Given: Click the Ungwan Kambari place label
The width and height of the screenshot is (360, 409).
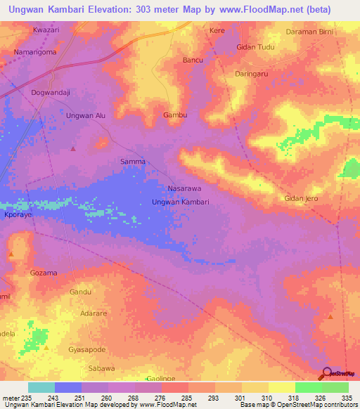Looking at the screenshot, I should (181, 202).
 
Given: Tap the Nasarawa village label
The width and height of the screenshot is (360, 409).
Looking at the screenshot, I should (185, 189).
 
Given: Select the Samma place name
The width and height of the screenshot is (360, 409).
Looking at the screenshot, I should (133, 162).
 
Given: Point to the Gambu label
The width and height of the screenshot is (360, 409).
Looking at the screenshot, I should (175, 115).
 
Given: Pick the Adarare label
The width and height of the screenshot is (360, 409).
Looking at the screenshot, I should (95, 313).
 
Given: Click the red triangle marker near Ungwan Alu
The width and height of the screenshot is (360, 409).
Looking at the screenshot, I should (73, 149).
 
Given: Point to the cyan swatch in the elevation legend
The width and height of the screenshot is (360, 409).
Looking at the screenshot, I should (41, 387).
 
